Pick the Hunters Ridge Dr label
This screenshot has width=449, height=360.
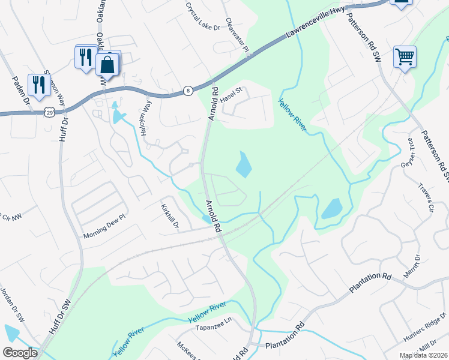pyautogui.click(x=426, y=326)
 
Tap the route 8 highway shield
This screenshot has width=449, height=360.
pyautogui.click(x=188, y=91)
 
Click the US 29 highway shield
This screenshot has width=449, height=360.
pyautogui.click(x=49, y=112)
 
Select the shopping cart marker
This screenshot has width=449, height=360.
pyautogui.click(x=405, y=57)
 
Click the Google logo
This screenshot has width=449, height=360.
pyautogui.click(x=20, y=353)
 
